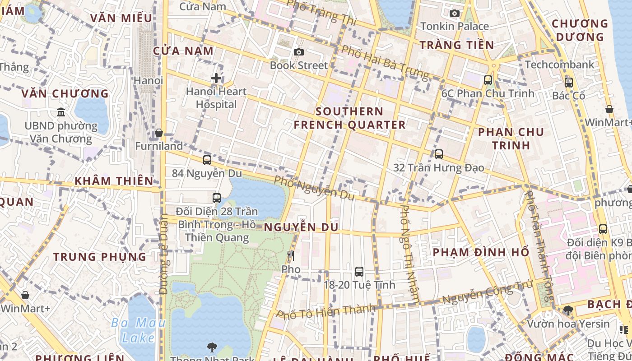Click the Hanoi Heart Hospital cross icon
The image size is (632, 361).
click(216, 78)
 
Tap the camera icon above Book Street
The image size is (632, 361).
click(298, 52)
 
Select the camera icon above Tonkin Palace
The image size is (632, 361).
click(455, 13)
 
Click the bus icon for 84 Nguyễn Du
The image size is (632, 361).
click(207, 160)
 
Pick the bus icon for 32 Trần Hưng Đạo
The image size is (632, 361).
click(439, 154)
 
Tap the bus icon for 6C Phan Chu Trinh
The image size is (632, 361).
click(488, 80)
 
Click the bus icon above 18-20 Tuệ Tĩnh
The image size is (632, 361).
click(359, 272)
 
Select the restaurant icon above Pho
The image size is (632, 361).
click(291, 256)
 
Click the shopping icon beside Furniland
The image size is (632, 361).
click(159, 133)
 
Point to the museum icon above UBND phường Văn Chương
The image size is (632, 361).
click(61, 112)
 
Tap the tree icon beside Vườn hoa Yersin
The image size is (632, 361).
click(568, 310)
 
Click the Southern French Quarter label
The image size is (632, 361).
click(350, 118)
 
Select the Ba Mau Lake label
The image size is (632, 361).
click(138, 330)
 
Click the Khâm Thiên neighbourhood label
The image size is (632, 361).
click(114, 181)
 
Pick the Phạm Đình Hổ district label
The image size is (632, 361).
click(481, 252)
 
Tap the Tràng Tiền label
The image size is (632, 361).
click(457, 45)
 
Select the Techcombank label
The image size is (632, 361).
click(560, 65)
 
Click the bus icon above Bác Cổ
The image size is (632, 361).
click(569, 83)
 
